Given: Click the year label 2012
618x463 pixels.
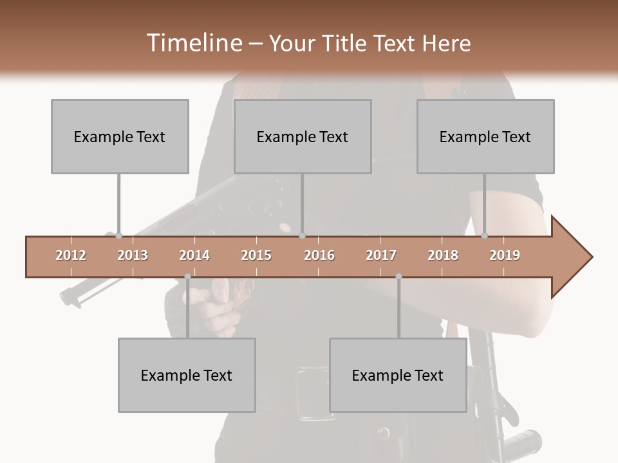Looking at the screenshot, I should point(71,255).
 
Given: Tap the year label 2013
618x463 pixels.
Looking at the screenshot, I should point(133,255).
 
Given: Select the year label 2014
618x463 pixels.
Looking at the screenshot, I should point(194,255).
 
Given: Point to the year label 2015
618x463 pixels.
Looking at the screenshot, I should point(256,255).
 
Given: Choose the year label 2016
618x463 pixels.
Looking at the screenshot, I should point(319,255).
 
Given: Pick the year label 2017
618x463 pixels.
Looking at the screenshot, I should point(381,255).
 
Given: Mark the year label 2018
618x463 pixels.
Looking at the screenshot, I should point(443,255).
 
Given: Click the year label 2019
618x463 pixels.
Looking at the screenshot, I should point(505,255).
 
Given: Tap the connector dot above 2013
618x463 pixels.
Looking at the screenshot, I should point(118,236).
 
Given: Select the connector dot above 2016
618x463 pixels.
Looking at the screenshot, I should point(302,236).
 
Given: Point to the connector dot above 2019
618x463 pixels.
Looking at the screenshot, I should point(485,236).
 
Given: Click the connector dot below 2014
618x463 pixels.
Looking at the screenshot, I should point(187,277).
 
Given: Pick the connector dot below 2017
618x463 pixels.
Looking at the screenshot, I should point(398,277).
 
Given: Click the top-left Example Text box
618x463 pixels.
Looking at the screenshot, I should point(120,136).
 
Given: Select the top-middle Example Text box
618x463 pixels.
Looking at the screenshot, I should point(303,136).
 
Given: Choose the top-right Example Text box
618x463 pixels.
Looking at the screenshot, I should point(485,136).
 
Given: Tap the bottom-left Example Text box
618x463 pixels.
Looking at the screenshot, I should point(187,375).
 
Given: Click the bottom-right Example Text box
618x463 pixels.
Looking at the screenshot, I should point(398,375).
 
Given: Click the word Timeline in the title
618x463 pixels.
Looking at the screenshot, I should point(193,43).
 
